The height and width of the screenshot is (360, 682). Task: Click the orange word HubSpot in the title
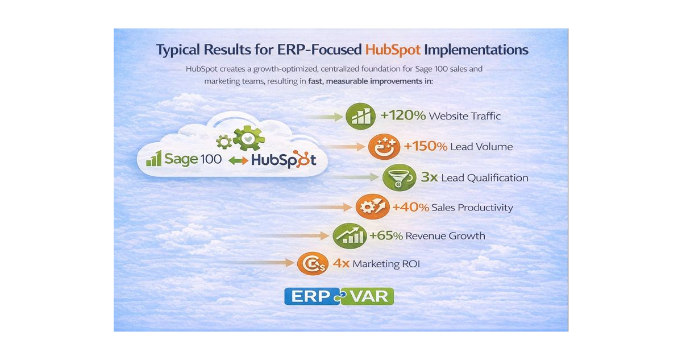[x=393, y=50]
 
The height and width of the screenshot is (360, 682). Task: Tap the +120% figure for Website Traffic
[x=402, y=116]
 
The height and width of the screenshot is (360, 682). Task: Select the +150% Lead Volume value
[x=426, y=147]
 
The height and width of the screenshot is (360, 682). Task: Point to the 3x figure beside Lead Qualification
[x=429, y=177]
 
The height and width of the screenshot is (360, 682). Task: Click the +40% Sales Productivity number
[x=410, y=208]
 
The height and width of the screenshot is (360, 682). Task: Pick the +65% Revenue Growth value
[x=386, y=235]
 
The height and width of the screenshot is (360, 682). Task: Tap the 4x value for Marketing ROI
[x=340, y=264]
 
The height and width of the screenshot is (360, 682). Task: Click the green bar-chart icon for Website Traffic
[x=360, y=117]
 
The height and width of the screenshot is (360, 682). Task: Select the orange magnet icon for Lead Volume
[x=382, y=147]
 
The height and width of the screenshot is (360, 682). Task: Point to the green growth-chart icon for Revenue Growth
[x=349, y=235]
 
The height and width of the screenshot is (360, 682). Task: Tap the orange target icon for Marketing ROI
[x=313, y=263]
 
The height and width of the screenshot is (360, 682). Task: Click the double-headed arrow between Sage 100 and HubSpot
[x=238, y=161]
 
